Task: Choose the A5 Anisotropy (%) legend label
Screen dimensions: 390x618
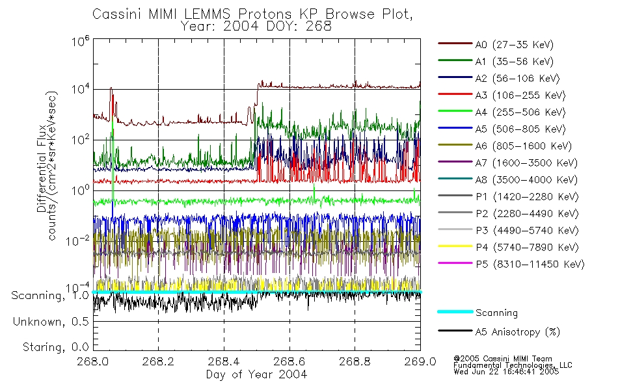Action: coord(517,332)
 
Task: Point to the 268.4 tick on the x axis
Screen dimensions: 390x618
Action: coord(224,362)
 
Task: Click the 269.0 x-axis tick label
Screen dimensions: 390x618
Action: coord(420,362)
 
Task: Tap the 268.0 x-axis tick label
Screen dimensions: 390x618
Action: coord(93,362)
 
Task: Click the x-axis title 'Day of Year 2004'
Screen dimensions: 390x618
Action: coord(256,374)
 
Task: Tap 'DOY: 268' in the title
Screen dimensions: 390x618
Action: coord(303,27)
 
